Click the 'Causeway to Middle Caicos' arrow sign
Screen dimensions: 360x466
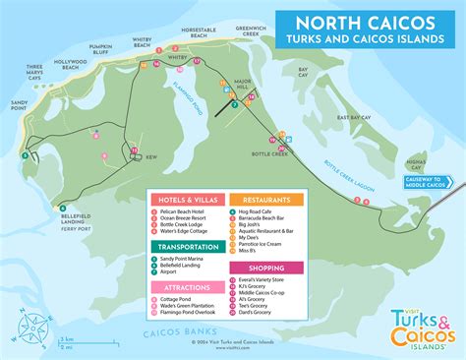click(x=429, y=181)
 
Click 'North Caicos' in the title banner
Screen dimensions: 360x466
click(x=363, y=22)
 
